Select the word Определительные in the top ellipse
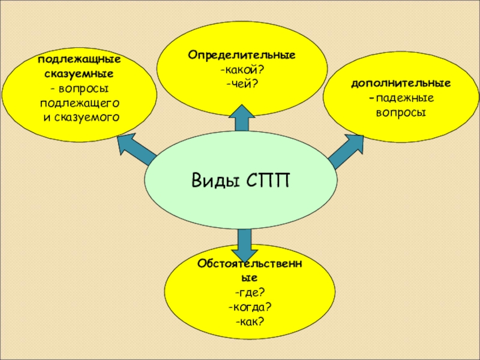[242, 55]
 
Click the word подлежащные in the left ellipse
[79, 61]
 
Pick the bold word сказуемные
[79, 74]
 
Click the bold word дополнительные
[401, 83]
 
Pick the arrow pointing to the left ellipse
[135, 150]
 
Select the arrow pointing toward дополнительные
[346, 151]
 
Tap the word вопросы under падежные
[401, 112]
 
